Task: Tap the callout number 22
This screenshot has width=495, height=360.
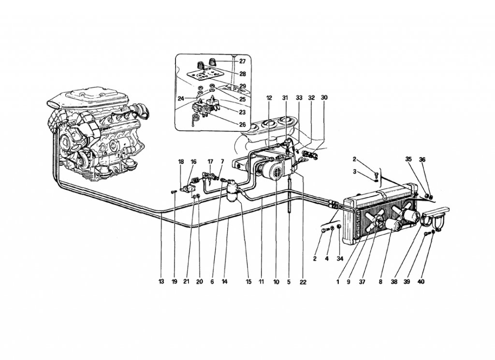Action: (303, 281)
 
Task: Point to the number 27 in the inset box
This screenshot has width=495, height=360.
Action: (243, 61)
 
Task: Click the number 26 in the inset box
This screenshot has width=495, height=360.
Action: (242, 125)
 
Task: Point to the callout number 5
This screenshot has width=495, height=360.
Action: (289, 281)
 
